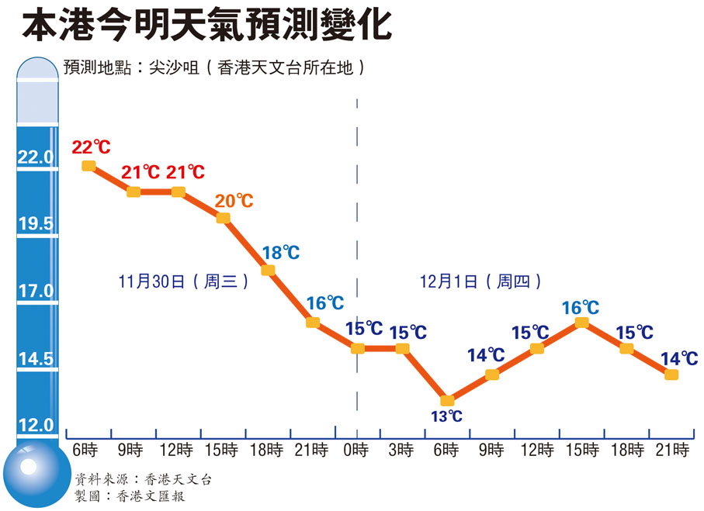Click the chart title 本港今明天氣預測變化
(206, 26)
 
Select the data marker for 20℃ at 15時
(223, 218)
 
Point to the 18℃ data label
(280, 252)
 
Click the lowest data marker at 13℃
(446, 401)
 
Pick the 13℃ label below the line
(446, 417)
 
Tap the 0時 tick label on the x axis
(357, 450)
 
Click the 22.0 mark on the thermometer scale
(36, 157)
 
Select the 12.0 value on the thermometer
(36, 425)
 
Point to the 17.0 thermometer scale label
(36, 292)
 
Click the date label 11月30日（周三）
(184, 281)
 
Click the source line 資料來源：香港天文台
(143, 479)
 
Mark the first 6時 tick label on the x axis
(86, 450)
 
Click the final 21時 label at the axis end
(672, 450)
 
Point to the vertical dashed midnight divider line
(357, 233)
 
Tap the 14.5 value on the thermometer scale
(36, 359)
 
